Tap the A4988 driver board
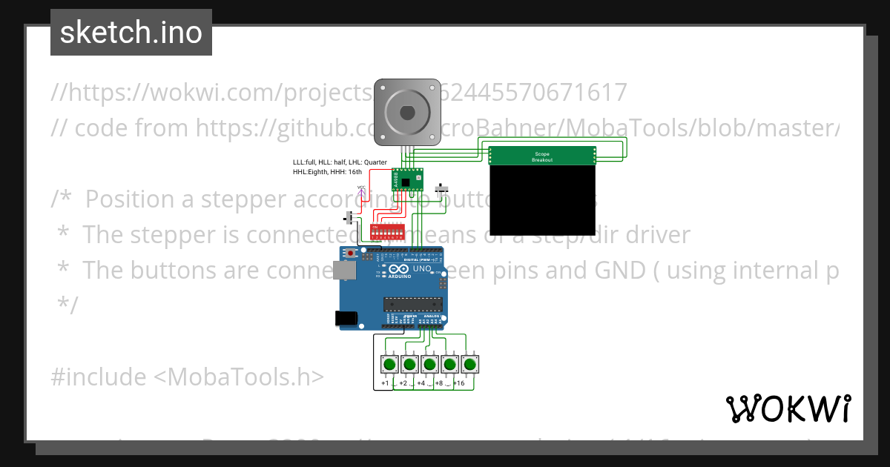[407, 179]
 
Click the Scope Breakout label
[542, 157]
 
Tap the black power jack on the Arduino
[346, 318]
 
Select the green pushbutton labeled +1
[389, 364]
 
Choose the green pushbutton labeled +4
[429, 364]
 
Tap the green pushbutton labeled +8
[449, 364]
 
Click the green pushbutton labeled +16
[469, 364]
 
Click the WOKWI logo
[788, 408]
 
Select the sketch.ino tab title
[131, 33]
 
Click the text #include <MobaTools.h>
[188, 377]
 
